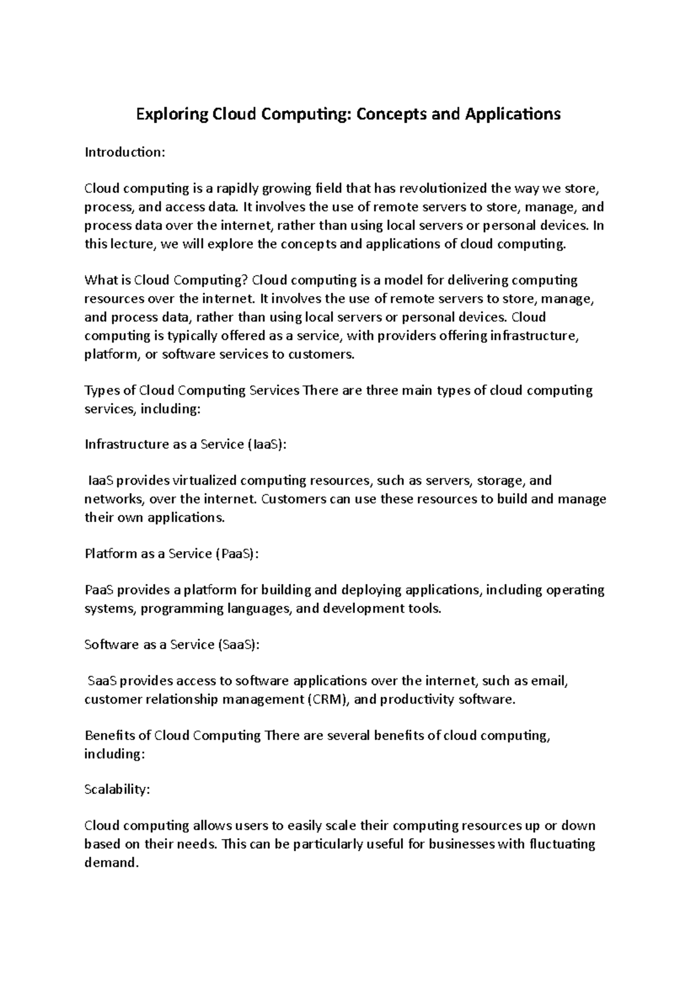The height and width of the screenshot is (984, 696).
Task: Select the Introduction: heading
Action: pyautogui.click(x=125, y=152)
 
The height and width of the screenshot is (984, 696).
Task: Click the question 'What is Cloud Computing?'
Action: pyautogui.click(x=166, y=280)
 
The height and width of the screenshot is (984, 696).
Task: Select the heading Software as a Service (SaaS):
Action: pyautogui.click(x=172, y=645)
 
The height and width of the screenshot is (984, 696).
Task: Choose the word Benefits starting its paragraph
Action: pyautogui.click(x=109, y=736)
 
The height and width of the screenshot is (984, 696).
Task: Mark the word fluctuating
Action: pyautogui.click(x=562, y=844)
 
